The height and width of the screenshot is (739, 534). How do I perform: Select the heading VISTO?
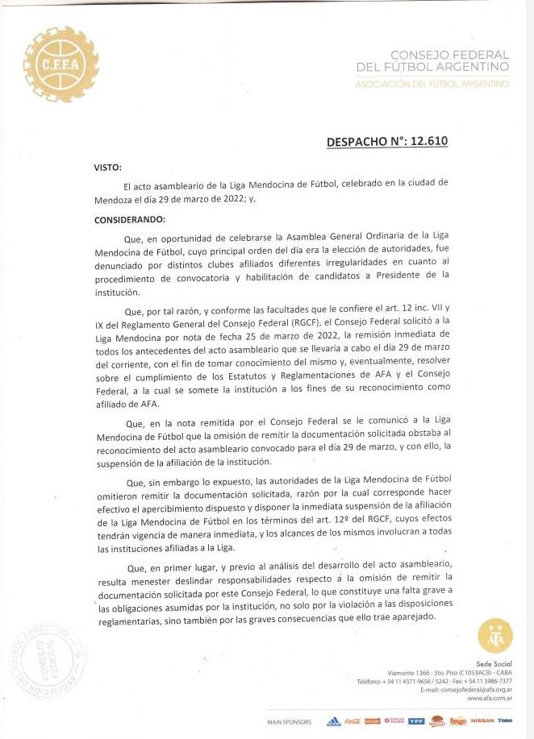click(107, 168)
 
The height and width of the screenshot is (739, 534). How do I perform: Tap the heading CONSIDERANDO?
click(129, 219)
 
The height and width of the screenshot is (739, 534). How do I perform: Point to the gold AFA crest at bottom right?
click(494, 636)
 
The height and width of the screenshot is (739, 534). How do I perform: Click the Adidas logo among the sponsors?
click(332, 721)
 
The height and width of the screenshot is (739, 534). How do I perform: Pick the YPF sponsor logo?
click(416, 721)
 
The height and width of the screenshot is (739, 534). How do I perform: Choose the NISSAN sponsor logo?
click(482, 720)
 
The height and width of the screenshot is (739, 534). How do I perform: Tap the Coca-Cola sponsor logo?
click(352, 721)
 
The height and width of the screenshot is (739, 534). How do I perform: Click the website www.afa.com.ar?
click(490, 698)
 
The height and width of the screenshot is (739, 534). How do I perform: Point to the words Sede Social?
click(495, 662)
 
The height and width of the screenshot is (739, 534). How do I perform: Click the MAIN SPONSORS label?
click(289, 721)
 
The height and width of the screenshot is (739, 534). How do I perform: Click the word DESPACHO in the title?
click(361, 142)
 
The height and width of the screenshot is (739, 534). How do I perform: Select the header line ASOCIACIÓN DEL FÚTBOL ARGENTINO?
click(432, 84)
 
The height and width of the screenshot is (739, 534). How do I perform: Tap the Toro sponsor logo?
click(505, 720)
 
